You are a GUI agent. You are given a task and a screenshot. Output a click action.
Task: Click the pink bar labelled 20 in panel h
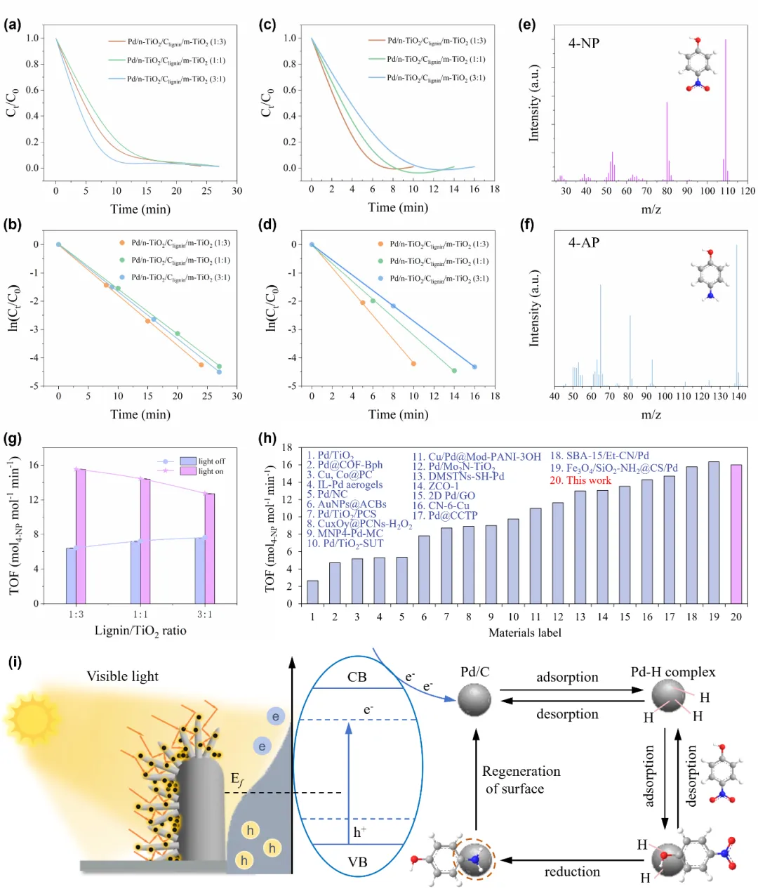[x=736, y=534]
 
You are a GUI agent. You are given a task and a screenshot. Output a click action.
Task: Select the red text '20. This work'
[x=580, y=480]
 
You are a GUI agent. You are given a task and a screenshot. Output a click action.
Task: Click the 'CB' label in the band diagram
[x=357, y=678]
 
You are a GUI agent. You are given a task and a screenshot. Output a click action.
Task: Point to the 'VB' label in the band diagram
[x=357, y=862]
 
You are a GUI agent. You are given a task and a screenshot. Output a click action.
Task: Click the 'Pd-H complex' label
[x=673, y=672]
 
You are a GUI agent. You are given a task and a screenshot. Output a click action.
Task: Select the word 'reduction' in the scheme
[x=572, y=872]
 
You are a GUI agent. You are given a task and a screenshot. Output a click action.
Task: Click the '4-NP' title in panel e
[x=584, y=43]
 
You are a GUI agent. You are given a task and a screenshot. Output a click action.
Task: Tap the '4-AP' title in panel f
[x=584, y=243]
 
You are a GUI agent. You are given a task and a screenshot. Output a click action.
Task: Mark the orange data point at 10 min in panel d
[x=413, y=364]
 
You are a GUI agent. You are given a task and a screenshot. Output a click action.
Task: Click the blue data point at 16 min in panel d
[x=474, y=367]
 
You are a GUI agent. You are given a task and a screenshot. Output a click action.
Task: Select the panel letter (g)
[x=12, y=439]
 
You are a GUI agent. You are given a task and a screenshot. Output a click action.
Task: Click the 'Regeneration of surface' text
[x=521, y=779]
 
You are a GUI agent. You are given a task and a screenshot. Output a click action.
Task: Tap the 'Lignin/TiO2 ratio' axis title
[x=140, y=631]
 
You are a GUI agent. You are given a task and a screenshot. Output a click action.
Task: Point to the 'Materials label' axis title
[x=525, y=633]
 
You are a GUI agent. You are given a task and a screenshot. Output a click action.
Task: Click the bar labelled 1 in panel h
[x=312, y=592]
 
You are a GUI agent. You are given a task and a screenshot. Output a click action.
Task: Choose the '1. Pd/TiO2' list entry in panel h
[x=330, y=456]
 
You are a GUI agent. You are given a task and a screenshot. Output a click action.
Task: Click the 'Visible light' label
[x=122, y=676]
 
